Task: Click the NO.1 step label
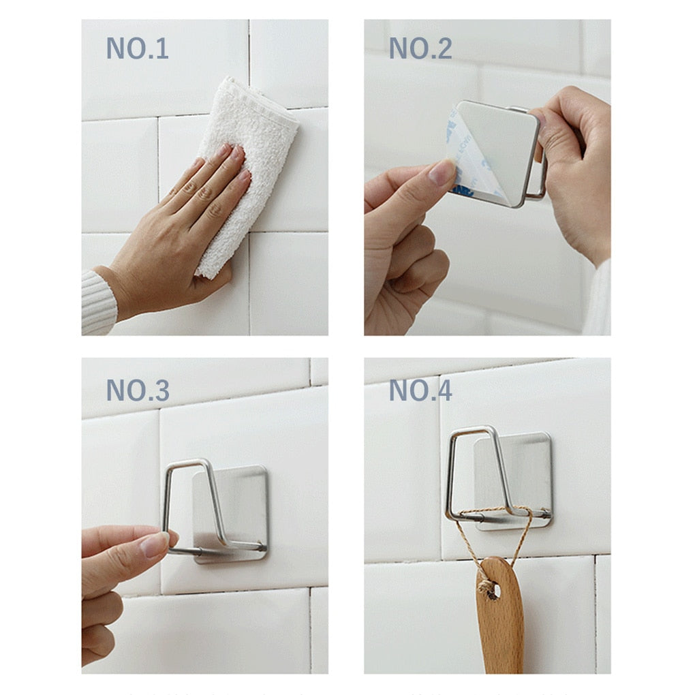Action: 137,49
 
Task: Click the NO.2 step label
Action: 420,49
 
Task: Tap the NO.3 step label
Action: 137,390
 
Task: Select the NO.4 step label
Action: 420,390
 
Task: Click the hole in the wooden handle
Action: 492,590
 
